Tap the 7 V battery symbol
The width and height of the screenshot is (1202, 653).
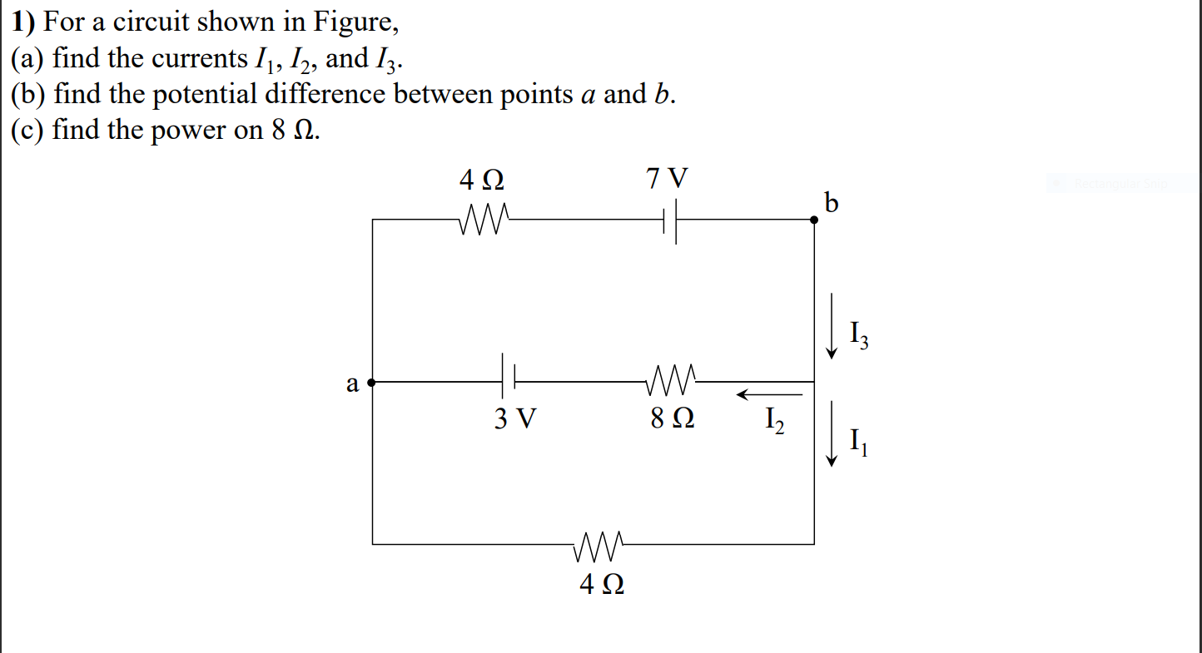point(669,220)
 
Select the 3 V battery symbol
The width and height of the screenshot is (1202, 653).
point(509,382)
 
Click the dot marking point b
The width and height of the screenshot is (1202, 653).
point(814,220)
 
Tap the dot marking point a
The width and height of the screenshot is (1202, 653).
point(372,383)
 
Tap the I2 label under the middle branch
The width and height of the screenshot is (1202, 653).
point(773,422)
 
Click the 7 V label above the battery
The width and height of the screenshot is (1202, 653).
point(668,178)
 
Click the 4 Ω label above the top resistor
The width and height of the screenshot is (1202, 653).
point(481,179)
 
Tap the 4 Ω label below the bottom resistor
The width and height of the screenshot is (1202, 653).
point(601,585)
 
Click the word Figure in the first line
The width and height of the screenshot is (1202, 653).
point(353,22)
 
